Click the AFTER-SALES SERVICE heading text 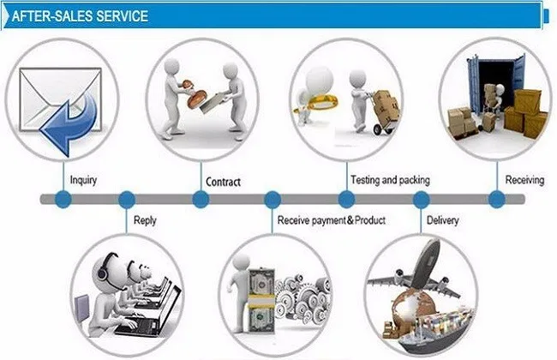[80, 16]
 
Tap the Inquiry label [83, 180]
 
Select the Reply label [145, 220]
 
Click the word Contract [223, 182]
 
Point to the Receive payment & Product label [332, 220]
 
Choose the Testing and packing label [390, 180]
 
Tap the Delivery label [443, 220]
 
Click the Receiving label [524, 180]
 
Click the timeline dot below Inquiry [63, 199]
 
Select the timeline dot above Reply [127, 199]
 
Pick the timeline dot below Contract [201, 199]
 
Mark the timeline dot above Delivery [421, 199]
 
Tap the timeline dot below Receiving [497, 199]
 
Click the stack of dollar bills [261, 302]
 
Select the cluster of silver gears [302, 297]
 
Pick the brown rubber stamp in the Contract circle [195, 95]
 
